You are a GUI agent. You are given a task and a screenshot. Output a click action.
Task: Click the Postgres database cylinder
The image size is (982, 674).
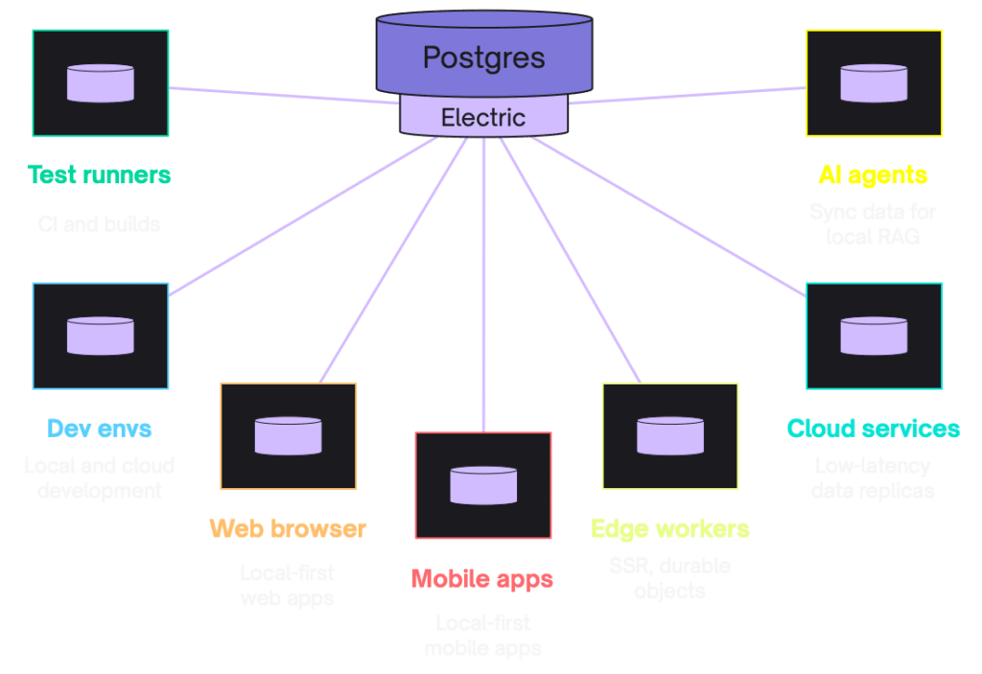(x=483, y=56)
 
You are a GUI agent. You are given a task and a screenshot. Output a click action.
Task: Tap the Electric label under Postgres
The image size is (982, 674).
(x=483, y=118)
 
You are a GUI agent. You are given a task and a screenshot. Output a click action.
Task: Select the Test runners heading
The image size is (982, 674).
(x=100, y=175)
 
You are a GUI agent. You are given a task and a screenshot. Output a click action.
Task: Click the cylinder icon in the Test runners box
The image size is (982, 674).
(x=100, y=83)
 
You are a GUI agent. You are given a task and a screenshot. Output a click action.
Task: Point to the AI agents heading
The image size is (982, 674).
(x=873, y=175)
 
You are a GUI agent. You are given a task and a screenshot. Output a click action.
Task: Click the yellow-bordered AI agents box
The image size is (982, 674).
(x=873, y=82)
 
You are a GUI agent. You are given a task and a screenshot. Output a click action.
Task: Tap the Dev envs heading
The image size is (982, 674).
(x=99, y=428)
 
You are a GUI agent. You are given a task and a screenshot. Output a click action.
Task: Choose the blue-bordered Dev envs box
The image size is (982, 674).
(x=100, y=336)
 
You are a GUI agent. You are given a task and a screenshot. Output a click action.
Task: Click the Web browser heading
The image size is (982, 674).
(x=288, y=528)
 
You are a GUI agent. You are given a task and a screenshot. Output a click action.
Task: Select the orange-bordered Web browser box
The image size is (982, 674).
(x=288, y=436)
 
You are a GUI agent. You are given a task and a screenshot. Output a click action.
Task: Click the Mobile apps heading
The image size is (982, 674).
(x=482, y=578)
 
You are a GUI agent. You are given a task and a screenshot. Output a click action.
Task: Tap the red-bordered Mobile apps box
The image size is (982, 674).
(x=482, y=485)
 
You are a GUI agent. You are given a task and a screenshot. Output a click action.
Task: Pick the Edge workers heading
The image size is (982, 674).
(x=669, y=528)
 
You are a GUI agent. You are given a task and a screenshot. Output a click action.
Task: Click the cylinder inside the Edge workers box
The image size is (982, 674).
(x=669, y=435)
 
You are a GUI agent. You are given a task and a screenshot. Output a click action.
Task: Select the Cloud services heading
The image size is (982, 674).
(x=873, y=428)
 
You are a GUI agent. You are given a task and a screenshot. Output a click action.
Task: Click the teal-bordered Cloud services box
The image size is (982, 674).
(x=873, y=336)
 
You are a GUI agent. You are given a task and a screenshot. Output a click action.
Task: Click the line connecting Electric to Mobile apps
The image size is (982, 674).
(x=483, y=288)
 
